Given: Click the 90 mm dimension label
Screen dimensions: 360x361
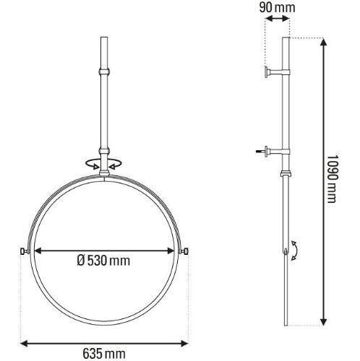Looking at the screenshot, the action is pyautogui.click(x=277, y=8).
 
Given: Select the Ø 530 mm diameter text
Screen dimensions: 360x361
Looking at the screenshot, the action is pyautogui.click(x=103, y=261).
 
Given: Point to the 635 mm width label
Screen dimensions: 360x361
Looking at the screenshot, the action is pyautogui.click(x=104, y=354).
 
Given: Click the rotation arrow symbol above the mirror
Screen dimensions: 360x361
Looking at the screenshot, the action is pyautogui.click(x=104, y=164).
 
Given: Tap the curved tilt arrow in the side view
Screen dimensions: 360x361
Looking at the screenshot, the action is pyautogui.click(x=295, y=251).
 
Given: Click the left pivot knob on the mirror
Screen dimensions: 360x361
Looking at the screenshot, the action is pyautogui.click(x=24, y=251).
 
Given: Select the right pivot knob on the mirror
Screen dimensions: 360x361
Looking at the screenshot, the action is pyautogui.click(x=184, y=251).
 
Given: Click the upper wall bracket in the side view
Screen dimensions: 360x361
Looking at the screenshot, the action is pyautogui.click(x=277, y=72).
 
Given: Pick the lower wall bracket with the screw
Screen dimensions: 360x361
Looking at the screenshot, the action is pyautogui.click(x=273, y=152).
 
